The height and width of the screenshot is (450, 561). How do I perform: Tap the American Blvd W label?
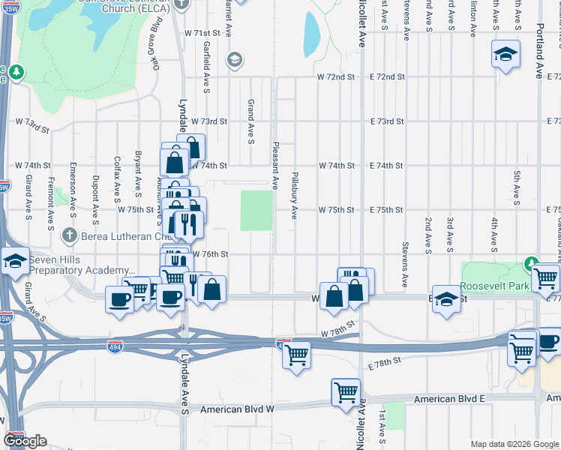239,409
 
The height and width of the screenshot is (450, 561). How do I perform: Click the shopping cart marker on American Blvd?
346,391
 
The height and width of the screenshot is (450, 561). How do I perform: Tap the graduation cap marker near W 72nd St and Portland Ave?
506,54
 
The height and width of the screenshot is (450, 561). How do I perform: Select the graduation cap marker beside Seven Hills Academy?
15,261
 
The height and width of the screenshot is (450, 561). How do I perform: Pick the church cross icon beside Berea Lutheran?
70,235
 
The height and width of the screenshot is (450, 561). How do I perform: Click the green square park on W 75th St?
256,210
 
